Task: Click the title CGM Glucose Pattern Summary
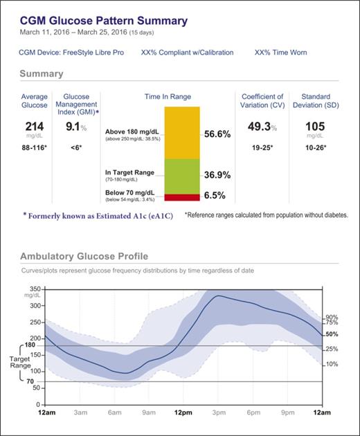[103, 21]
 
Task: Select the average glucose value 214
[34, 126]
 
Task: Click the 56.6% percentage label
[217, 134]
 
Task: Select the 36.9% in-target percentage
[217, 176]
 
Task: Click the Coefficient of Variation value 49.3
[259, 127]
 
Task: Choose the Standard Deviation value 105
[315, 127]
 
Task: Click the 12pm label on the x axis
[183, 413]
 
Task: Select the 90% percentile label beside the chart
[332, 317]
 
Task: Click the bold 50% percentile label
[332, 334]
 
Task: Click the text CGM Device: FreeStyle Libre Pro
[71, 53]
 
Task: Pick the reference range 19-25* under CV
[262, 148]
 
